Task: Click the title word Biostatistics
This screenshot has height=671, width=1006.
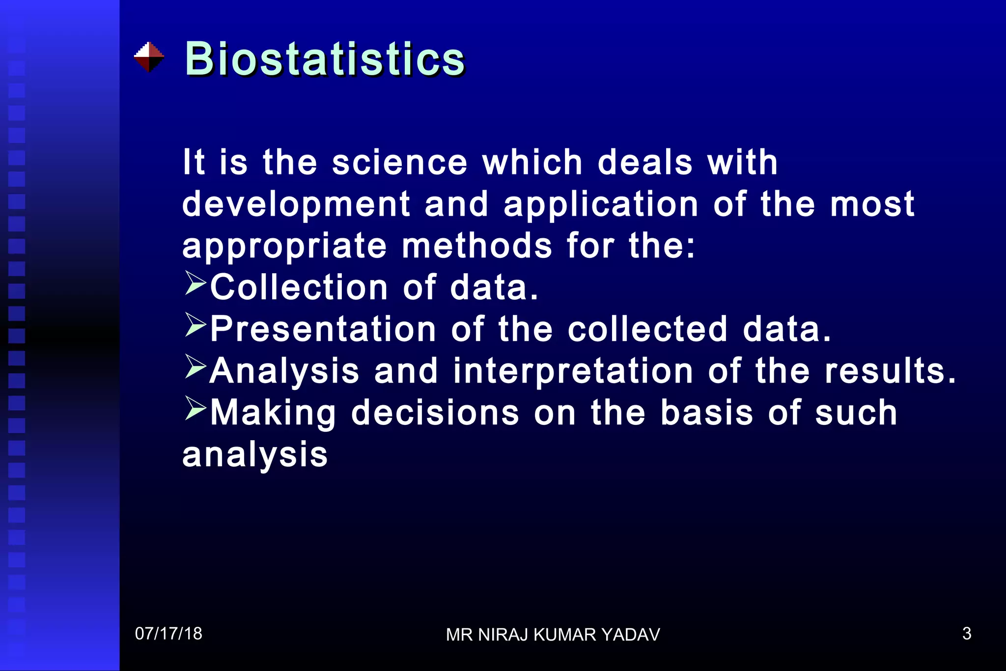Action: tap(324, 59)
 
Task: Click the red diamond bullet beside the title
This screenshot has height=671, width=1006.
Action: tap(149, 57)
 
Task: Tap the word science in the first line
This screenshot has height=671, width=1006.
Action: tap(399, 163)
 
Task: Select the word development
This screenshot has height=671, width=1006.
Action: tap(296, 205)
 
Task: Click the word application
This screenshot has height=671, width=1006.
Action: tap(601, 205)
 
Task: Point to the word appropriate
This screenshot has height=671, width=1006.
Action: tap(284, 246)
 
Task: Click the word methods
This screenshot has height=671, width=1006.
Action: tap(477, 246)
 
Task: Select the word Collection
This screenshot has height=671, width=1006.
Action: tap(299, 287)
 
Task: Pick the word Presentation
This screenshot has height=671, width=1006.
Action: tap(323, 329)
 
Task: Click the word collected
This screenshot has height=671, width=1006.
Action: tap(647, 329)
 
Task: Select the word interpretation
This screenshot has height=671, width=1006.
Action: tap(573, 371)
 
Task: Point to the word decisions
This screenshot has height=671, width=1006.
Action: tap(435, 413)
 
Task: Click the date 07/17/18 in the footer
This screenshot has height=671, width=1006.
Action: tap(168, 634)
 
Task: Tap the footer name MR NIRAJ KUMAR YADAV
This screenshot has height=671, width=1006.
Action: tap(553, 635)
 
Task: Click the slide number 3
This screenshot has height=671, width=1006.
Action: tap(966, 634)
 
